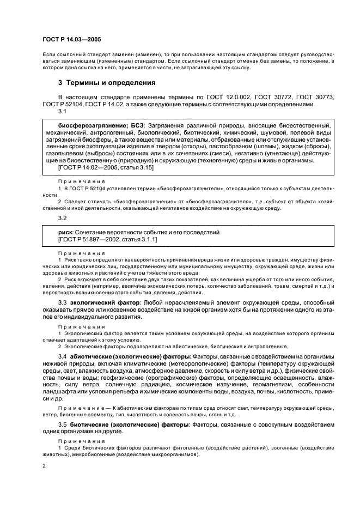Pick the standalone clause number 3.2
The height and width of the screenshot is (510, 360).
click(62, 218)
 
